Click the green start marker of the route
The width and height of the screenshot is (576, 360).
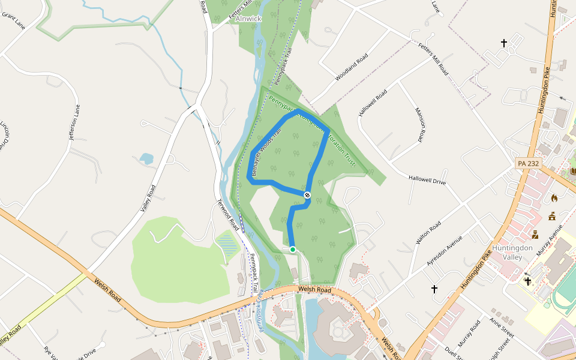(x=293, y=249)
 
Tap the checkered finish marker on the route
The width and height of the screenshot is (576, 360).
(x=307, y=195)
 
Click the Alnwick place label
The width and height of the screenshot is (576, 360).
(x=249, y=19)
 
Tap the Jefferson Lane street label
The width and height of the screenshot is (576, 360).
(x=74, y=123)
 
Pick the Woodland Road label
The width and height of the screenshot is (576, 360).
(x=351, y=69)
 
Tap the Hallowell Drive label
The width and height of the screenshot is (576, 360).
(x=427, y=179)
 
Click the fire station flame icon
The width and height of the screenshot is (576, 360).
(x=554, y=197)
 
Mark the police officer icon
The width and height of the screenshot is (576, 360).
(x=535, y=235)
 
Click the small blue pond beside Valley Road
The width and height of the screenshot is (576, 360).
(x=146, y=159)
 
